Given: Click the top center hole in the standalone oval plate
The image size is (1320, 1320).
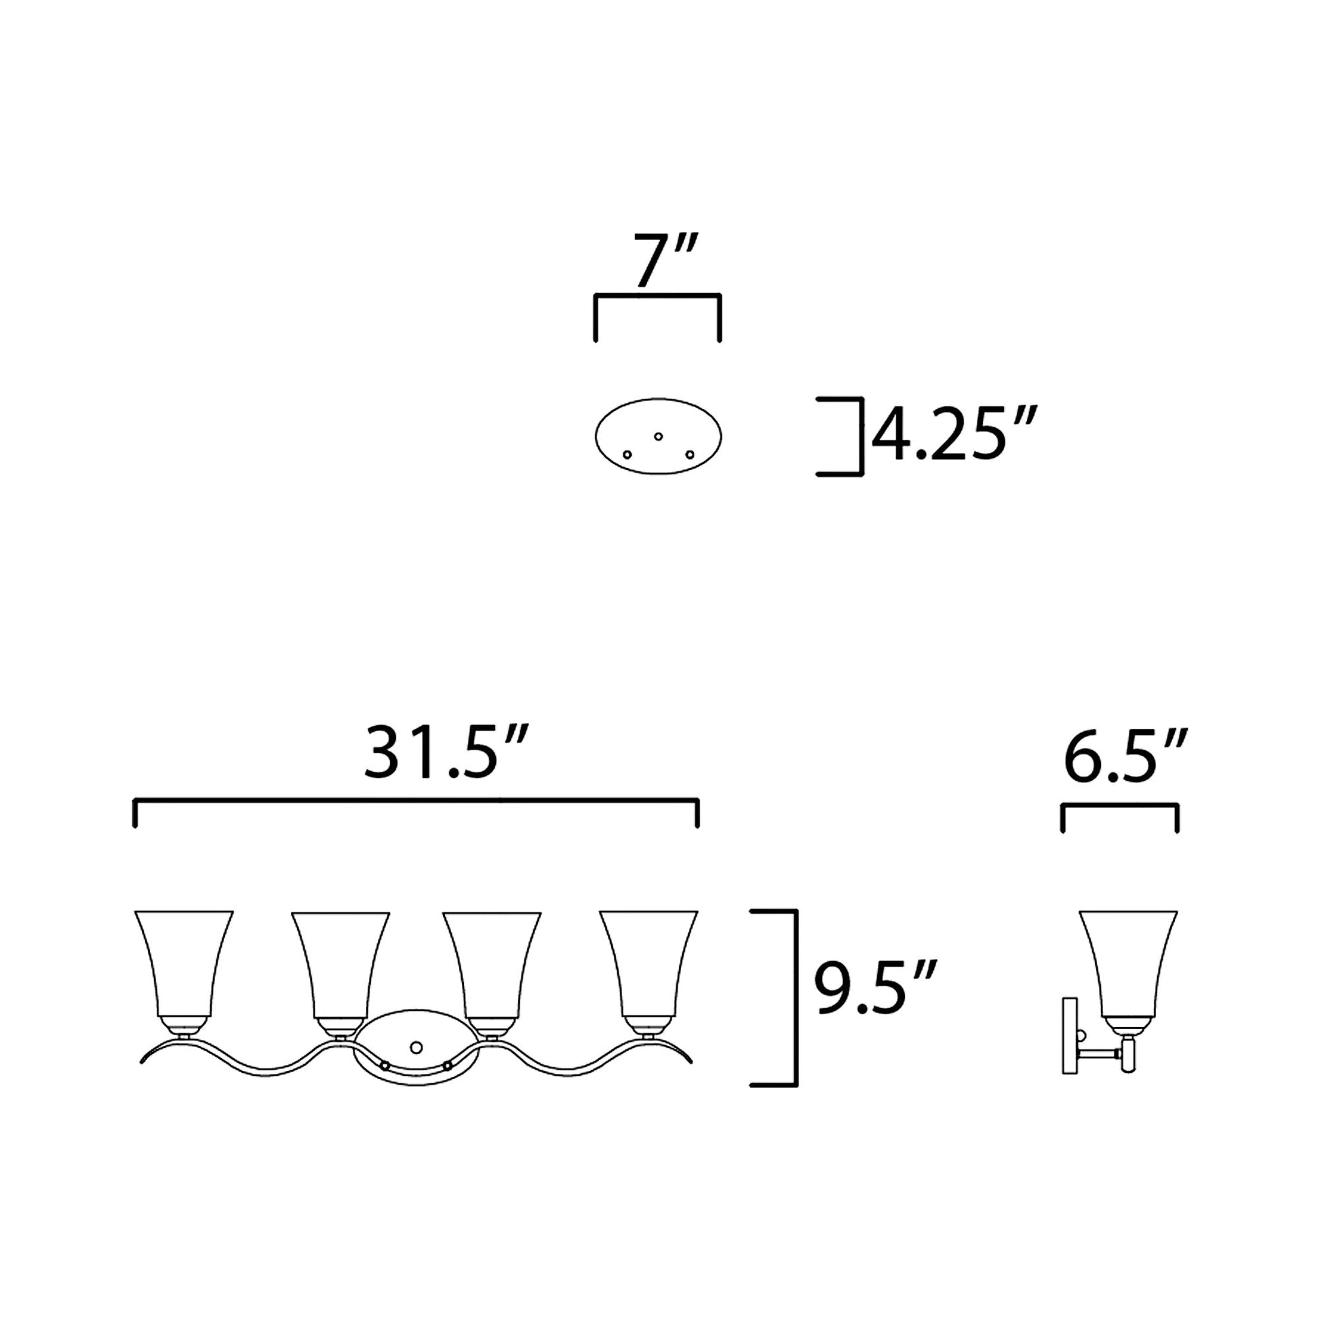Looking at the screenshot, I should click(658, 436).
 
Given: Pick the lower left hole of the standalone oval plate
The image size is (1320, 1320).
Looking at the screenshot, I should click(627, 454).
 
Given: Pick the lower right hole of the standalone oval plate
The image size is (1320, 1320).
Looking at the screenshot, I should click(689, 454).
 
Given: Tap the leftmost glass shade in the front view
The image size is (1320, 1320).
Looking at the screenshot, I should click(184, 963).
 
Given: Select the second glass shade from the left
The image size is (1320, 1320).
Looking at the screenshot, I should click(341, 963).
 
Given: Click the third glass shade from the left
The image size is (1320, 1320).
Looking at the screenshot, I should click(491, 963).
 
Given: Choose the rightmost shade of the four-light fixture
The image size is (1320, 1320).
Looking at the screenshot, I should click(648, 963).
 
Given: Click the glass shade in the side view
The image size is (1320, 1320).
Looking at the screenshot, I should click(1128, 963).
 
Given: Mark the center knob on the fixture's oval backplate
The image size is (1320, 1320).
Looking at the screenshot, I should click(414, 1047).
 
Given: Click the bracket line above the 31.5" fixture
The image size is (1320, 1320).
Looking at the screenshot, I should click(416, 800).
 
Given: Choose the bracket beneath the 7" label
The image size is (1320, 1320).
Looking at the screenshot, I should click(657, 295).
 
